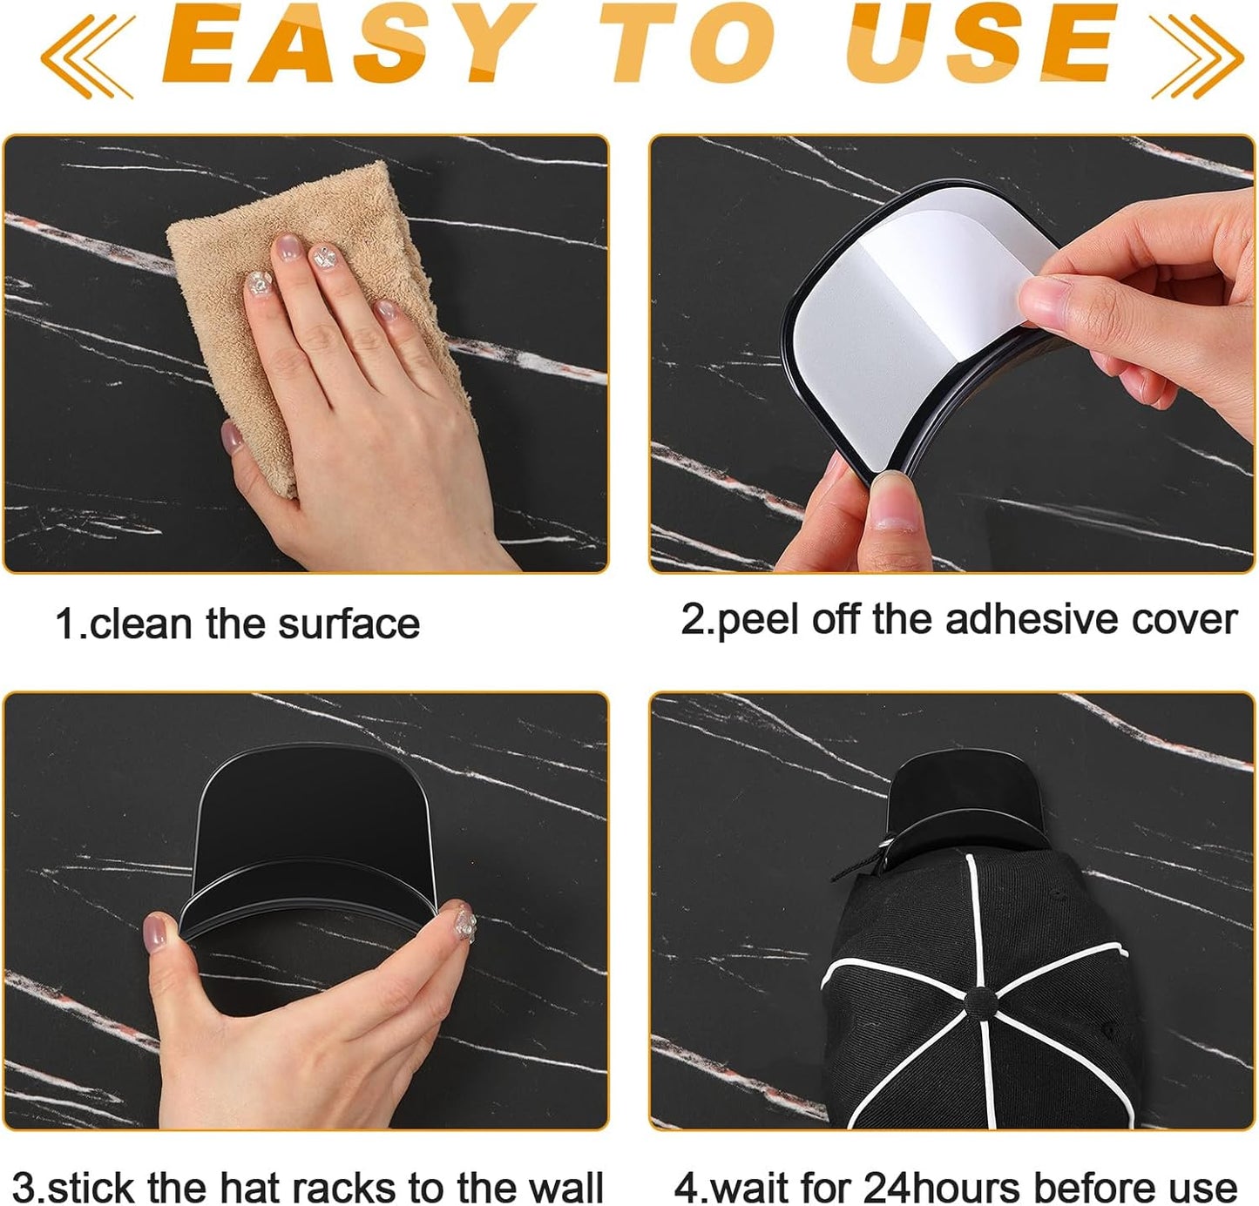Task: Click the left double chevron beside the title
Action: click(87, 54)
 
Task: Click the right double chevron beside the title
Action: click(1196, 54)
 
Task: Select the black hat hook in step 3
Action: click(314, 827)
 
